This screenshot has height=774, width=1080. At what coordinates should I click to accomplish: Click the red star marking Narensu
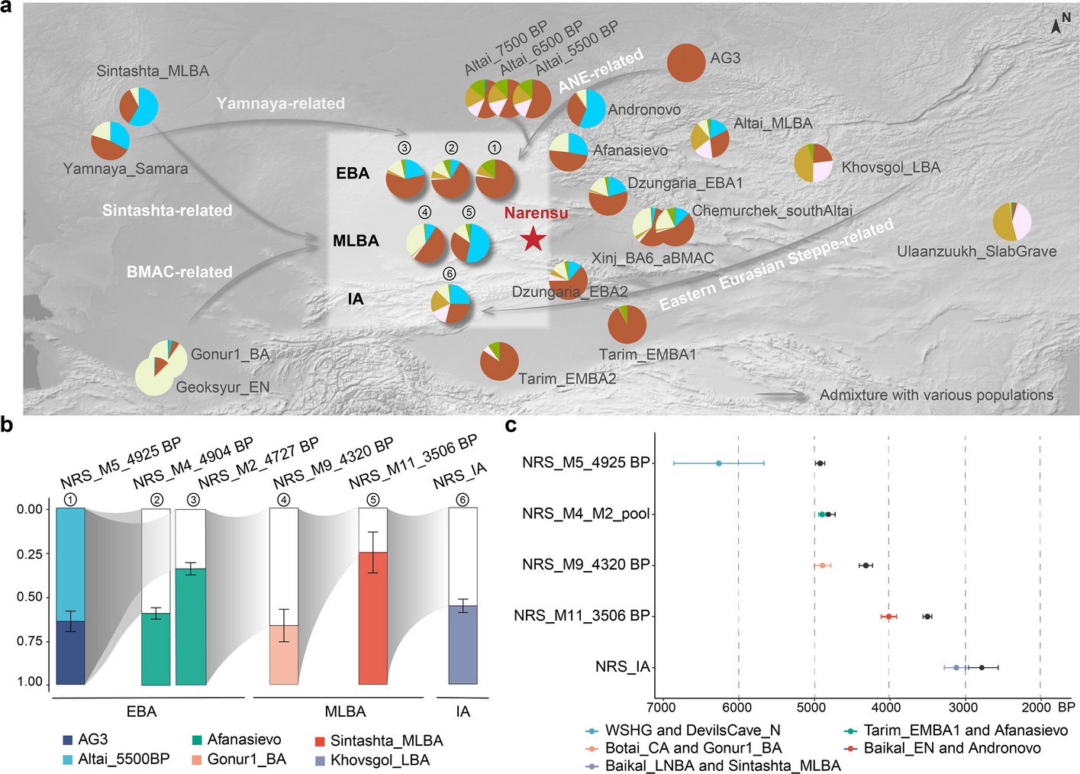point(533,240)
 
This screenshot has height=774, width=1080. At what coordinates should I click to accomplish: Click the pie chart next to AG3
point(685,62)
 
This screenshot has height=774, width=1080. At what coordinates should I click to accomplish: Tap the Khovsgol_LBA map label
point(890,167)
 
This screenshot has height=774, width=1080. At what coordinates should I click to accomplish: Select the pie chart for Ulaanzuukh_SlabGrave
point(1012,222)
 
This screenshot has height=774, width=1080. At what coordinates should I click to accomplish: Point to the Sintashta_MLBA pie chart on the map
point(139,106)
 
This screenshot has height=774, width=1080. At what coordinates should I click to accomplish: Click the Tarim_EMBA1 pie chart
point(627,324)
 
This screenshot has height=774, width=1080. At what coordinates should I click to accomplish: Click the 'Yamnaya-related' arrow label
point(280,103)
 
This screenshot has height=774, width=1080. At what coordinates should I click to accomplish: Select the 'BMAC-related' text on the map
point(179,272)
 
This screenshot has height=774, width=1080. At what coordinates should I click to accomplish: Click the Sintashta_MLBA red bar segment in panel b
point(373,618)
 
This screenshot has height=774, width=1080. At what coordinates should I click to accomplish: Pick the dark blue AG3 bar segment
point(70,653)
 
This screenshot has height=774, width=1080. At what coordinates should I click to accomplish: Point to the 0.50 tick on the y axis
point(30,597)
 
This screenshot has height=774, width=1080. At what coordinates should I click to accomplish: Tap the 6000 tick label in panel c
point(737,708)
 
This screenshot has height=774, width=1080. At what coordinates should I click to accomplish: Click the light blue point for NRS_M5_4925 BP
point(718,463)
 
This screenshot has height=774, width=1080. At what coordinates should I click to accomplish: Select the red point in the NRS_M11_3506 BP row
point(888,616)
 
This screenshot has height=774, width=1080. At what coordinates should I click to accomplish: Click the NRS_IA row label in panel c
point(622,667)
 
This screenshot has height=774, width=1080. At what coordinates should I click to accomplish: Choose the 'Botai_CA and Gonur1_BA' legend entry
point(693,748)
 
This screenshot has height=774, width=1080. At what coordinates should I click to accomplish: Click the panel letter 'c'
point(511,425)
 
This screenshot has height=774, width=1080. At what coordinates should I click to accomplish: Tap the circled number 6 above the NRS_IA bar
point(463,500)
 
